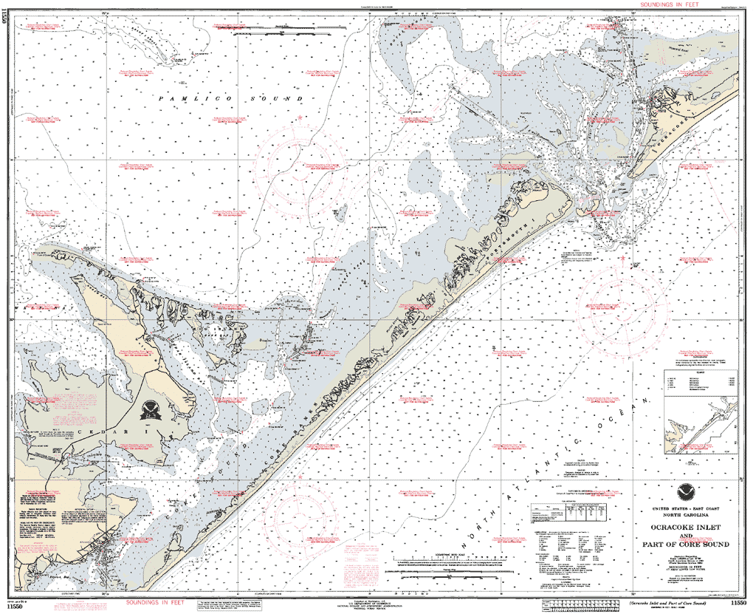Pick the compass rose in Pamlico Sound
point(300,168)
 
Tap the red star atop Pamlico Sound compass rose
point(300,117)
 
